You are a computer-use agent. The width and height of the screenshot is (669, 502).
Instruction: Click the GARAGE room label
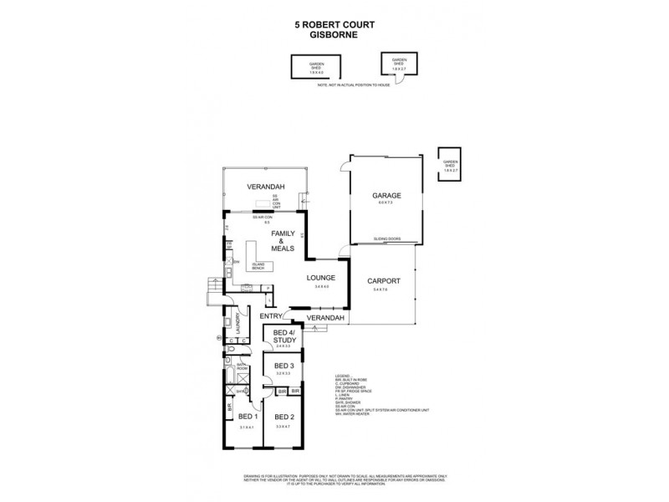(386, 195)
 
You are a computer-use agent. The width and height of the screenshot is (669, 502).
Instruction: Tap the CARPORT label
(381, 281)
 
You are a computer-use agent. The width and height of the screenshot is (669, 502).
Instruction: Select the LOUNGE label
(321, 278)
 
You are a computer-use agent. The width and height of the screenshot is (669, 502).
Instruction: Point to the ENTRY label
(270, 316)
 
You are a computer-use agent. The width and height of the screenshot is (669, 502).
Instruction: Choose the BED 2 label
(284, 416)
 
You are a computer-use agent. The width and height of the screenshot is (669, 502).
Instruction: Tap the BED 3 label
(284, 366)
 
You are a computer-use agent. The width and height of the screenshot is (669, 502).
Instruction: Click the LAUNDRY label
(238, 323)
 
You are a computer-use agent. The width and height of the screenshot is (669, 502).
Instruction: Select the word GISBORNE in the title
(334, 36)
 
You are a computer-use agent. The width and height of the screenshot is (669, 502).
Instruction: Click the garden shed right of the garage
(452, 164)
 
